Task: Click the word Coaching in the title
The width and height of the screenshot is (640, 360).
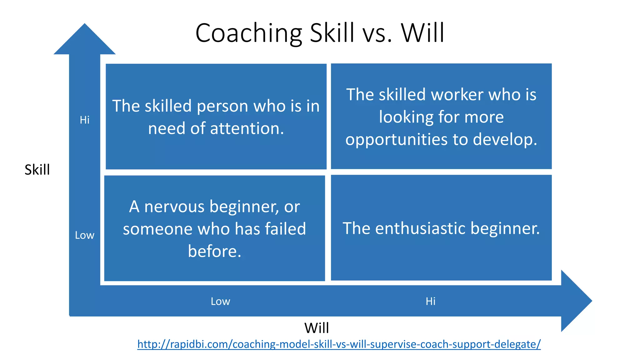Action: coord(248,33)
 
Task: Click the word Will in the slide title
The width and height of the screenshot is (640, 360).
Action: coord(422,33)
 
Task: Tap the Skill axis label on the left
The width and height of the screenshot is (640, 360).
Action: coord(37,170)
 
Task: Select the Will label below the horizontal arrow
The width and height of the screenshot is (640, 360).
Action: coord(317,328)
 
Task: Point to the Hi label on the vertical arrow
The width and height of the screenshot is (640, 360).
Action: coord(85,120)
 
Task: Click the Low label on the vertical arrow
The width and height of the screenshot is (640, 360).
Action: coord(85,235)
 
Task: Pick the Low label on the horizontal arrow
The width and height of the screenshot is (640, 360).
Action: coord(220,301)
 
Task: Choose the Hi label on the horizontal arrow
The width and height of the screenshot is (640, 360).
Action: coord(430,301)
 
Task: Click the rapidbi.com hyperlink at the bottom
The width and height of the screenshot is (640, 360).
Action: coord(339,344)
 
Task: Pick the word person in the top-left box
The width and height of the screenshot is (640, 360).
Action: coord(222,106)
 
